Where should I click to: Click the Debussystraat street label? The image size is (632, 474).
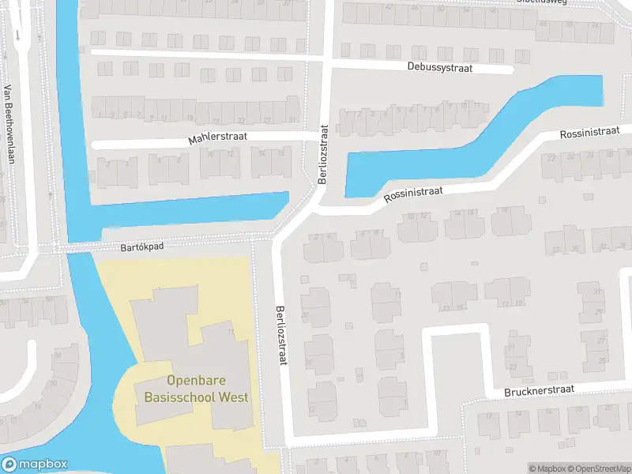point(440,67)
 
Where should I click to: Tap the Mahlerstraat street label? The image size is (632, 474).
point(218,138)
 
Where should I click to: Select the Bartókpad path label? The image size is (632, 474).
point(142,246)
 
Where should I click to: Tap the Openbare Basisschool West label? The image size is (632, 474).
point(196,389)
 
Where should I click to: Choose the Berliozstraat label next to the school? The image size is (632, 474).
point(280,335)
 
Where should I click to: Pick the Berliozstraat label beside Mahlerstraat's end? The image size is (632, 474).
point(322,154)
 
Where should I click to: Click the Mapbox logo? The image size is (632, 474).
point(35,465)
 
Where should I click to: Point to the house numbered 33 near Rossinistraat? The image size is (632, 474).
point(555,250)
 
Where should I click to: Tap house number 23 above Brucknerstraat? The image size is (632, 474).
point(514,367)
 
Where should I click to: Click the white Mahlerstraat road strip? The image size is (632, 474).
point(142,145)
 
